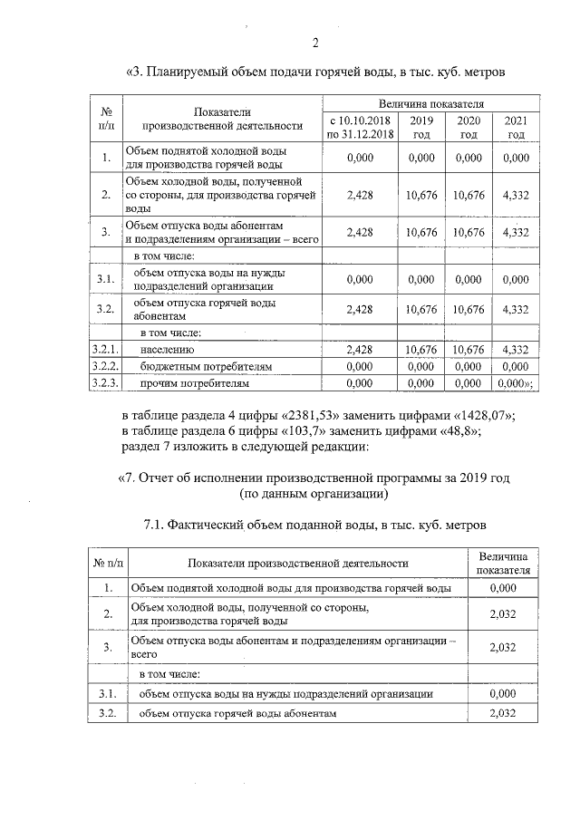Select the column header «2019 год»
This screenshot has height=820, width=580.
(420, 128)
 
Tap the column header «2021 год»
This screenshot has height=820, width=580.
(516, 128)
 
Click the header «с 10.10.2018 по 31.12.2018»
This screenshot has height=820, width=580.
(361, 128)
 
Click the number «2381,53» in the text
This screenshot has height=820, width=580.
(316, 416)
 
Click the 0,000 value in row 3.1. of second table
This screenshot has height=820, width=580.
(501, 693)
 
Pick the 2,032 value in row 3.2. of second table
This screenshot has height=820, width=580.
(501, 714)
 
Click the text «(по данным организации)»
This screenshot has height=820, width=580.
(314, 495)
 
